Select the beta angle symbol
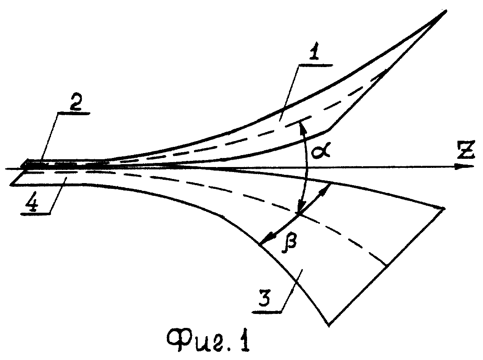coord(289,244)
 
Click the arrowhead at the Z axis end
coord(467,167)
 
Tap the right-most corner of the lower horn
coord(444,209)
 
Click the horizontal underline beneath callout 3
coord(267,312)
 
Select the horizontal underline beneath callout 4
coord(36,213)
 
